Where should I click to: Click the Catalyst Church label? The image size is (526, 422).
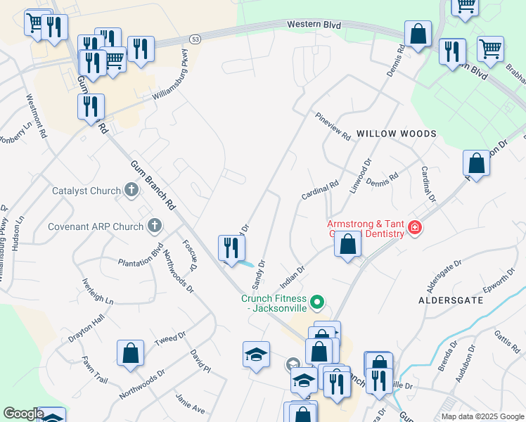[x=87, y=190]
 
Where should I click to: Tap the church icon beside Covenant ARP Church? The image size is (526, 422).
[x=155, y=226]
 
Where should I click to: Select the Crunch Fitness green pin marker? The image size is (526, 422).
[x=317, y=302]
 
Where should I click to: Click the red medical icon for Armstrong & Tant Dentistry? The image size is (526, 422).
[x=415, y=228]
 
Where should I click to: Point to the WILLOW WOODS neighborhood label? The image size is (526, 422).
[x=396, y=134]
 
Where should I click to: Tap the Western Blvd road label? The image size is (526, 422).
[x=314, y=25]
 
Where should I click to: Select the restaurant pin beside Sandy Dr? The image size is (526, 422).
[x=231, y=248]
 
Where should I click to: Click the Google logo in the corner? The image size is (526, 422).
[x=23, y=414]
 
